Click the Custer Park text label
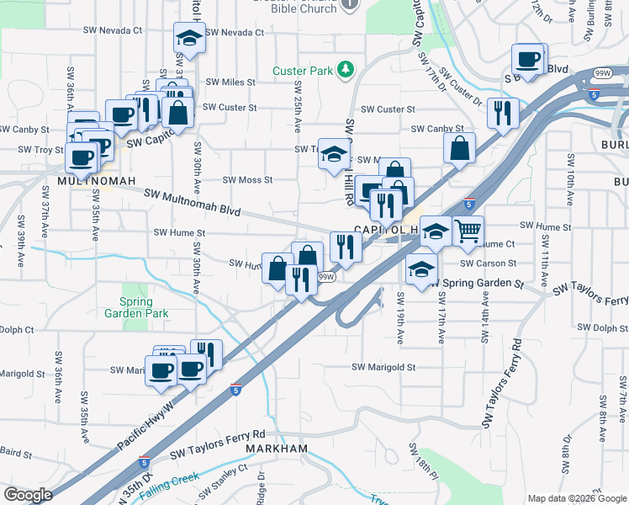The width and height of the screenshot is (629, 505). [303, 72]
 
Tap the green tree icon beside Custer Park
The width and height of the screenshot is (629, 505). [344, 70]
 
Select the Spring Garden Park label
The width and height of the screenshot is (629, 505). [137, 307]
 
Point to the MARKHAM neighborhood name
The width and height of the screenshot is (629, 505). [277, 449]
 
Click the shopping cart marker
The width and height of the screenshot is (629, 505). [468, 230]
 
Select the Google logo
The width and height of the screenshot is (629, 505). [28, 495]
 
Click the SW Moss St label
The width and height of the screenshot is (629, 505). [247, 180]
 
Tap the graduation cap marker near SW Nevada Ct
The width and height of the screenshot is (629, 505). [189, 37]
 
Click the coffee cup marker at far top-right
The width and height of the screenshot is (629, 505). [529, 59]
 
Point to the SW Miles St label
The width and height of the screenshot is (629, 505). [228, 82]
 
